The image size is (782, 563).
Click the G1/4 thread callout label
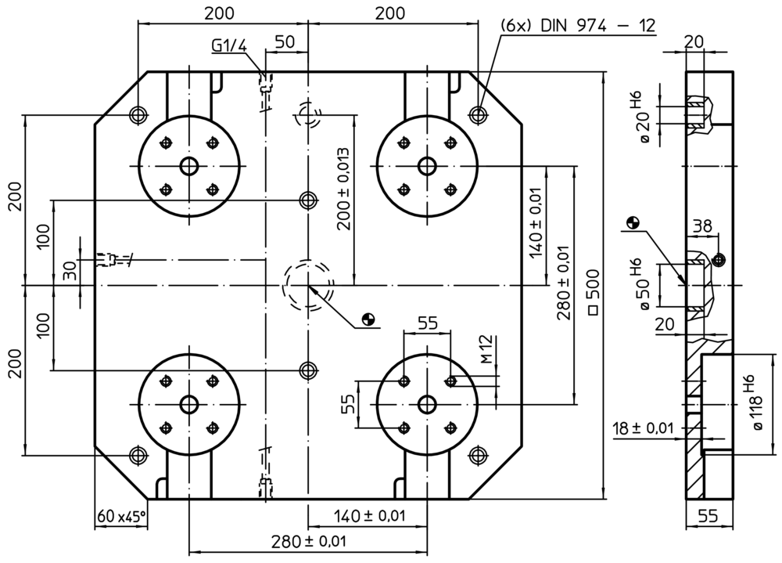tap(229, 46)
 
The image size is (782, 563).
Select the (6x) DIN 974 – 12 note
tap(577, 25)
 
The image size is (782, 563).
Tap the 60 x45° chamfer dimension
tap(121, 517)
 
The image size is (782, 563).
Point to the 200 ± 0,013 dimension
tap(343, 189)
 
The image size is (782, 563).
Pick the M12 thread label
tap(486, 349)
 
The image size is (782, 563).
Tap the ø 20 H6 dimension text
tap(644, 117)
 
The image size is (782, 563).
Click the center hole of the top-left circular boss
tap(188, 166)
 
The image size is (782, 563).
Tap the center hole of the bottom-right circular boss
tap(427, 404)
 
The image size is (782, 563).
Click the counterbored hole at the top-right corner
tap(477, 114)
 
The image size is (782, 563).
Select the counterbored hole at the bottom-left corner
tap(138, 454)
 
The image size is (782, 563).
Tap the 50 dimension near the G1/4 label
tap(285, 42)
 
